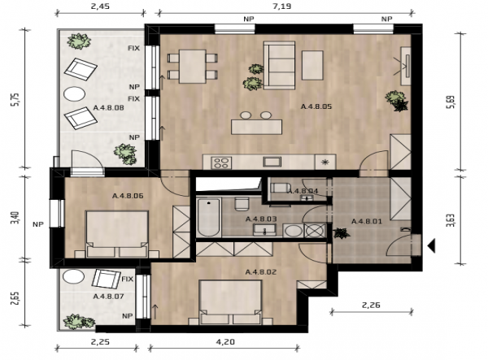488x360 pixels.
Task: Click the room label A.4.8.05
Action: pyautogui.click(x=316, y=106)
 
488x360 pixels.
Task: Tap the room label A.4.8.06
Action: pyautogui.click(x=128, y=196)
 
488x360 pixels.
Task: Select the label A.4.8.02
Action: pyautogui.click(x=261, y=272)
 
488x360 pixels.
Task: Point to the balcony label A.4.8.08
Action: pyautogui.click(x=109, y=108)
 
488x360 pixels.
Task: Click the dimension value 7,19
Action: pyautogui.click(x=282, y=7)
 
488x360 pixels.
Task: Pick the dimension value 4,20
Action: pyautogui.click(x=225, y=342)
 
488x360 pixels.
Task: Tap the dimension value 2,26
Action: pyautogui.click(x=371, y=306)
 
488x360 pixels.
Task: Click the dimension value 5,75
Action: pyautogui.click(x=15, y=100)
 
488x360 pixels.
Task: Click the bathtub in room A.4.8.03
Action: pyautogui.click(x=209, y=217)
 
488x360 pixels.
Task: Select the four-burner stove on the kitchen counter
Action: pyautogui.click(x=221, y=163)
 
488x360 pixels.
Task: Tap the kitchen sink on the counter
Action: pyautogui.click(x=272, y=162)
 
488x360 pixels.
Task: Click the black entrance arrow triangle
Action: pyautogui.click(x=431, y=246)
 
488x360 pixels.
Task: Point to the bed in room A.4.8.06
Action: pyautogui.click(x=116, y=234)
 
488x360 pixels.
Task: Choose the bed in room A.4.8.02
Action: pyautogui.click(x=230, y=302)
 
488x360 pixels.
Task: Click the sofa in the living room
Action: pyautogui.click(x=279, y=65)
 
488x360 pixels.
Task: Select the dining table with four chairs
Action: pyautogui.click(x=192, y=66)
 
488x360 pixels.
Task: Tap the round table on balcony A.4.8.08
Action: pyautogui.click(x=74, y=93)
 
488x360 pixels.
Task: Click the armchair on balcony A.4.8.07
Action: pyautogui.click(x=106, y=279)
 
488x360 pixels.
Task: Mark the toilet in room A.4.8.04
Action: pyautogui.click(x=281, y=188)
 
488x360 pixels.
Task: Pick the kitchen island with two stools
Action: pyautogui.click(x=256, y=123)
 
